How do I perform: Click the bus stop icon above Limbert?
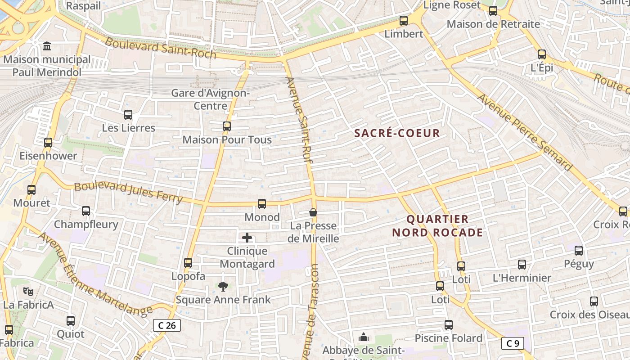404,20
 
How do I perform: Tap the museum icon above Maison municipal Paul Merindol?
47,46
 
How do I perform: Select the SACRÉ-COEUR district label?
397,133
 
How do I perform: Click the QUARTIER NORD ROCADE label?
437,226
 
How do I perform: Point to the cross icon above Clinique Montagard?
247,238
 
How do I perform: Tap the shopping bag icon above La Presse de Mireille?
313,212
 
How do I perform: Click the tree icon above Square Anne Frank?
223,286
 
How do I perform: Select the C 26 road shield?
167,325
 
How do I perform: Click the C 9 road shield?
513,343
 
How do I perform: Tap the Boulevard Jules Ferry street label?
128,192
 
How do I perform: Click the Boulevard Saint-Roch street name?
161,48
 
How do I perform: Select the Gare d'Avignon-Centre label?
210,99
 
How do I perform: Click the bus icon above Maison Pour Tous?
227,126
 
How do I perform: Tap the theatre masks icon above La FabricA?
28,292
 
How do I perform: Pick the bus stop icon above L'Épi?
542,54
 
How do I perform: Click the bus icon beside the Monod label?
262,204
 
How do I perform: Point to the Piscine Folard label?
448,338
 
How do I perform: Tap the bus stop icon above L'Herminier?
522,265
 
